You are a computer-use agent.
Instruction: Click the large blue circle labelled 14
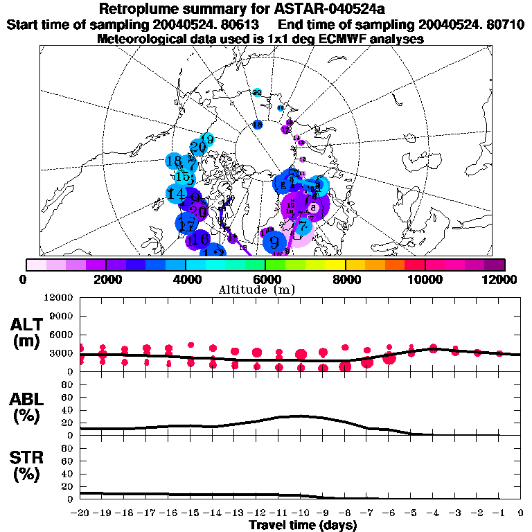tap(177, 194)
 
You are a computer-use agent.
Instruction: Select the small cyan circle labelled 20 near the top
tap(257, 92)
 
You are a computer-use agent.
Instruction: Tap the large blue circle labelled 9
tap(275, 242)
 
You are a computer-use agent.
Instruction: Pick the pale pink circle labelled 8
tap(314, 207)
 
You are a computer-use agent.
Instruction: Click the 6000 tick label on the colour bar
tap(265, 279)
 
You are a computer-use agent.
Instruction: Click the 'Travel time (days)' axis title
tap(303, 526)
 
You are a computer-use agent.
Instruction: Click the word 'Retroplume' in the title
tap(135, 10)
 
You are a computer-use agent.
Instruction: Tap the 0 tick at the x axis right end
tap(520, 513)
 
